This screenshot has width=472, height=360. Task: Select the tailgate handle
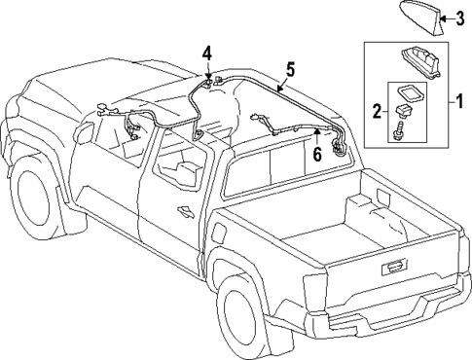click(x=395, y=266)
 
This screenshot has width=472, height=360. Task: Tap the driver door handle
click(x=182, y=209)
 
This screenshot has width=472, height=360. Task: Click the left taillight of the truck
click(x=312, y=289)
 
